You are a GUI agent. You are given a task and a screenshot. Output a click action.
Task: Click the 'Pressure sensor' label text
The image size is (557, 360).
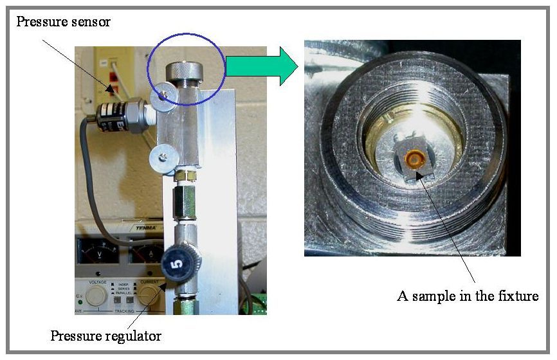pos(63,22)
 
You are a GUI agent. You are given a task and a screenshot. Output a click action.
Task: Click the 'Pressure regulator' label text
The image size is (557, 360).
pos(106,335)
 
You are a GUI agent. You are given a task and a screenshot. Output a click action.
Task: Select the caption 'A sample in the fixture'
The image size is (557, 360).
pos(468,296)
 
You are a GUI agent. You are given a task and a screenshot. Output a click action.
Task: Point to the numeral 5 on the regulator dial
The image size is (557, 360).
pos(179,262)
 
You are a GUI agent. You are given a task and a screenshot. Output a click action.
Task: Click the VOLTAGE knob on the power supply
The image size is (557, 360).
pos(97,295)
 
